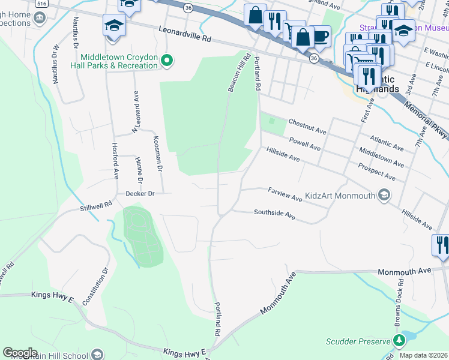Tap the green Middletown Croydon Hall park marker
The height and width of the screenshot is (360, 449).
click(x=169, y=60)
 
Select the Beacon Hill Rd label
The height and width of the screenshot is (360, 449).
click(x=238, y=72)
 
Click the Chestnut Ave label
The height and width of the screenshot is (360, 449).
click(x=307, y=127)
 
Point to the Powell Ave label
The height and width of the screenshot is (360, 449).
click(x=305, y=144)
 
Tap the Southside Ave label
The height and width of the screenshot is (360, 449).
click(x=274, y=214)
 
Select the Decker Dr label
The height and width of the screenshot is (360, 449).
click(x=140, y=194)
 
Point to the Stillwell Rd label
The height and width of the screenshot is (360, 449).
click(x=97, y=206)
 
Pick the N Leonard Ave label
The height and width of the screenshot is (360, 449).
click(x=136, y=112)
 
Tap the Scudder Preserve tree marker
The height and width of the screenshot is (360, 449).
click(x=398, y=341)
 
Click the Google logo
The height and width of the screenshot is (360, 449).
click(x=20, y=352)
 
